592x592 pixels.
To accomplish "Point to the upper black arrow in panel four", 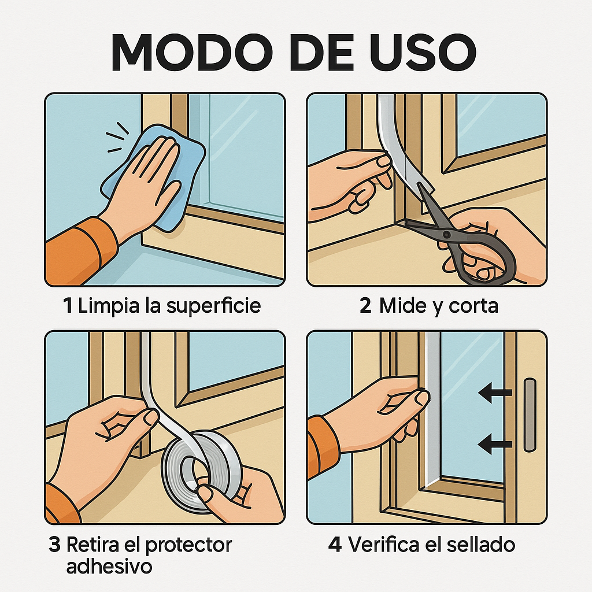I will (495, 394).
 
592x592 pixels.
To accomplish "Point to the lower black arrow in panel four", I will (495, 444).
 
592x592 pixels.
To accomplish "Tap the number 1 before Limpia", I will (68, 305).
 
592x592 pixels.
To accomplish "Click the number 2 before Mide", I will (365, 305).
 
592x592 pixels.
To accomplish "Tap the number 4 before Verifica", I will (335, 545).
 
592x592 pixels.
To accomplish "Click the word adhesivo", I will (109, 567).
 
